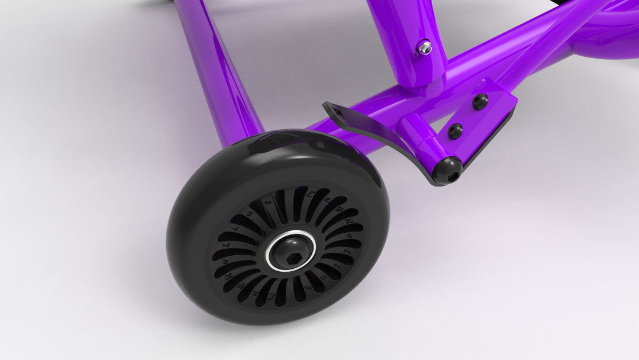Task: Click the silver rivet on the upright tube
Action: [x=424, y=47]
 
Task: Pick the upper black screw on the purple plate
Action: [x=480, y=102]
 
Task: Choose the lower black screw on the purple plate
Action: [x=455, y=131]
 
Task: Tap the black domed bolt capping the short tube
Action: [x=447, y=171]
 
